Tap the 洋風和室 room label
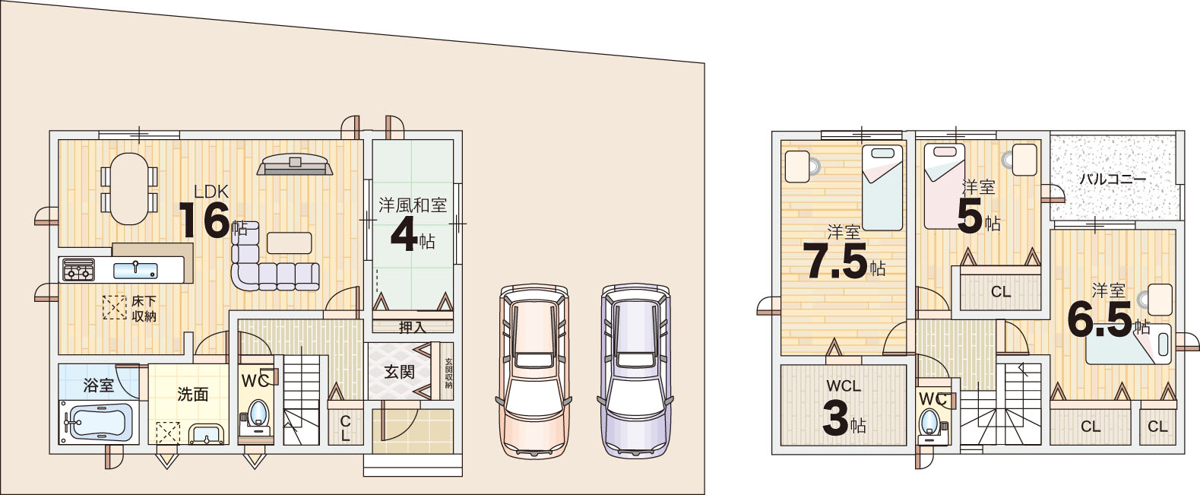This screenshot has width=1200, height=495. [x=413, y=205]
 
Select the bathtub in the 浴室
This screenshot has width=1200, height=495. [x=98, y=422]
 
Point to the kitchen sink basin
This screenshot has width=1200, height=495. [x=135, y=271]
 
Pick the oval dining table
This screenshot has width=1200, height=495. [x=129, y=189]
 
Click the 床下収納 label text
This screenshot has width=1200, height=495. [x=144, y=308]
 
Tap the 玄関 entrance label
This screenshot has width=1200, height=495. [x=400, y=371]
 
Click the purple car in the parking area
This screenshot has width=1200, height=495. [x=635, y=371]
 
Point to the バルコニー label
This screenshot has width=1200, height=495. [x=1113, y=179]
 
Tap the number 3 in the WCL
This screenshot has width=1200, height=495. [x=834, y=418]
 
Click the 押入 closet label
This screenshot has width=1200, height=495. [x=413, y=327]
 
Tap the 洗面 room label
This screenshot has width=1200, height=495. [x=193, y=395]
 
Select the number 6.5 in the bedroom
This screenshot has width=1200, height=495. [x=1100, y=319]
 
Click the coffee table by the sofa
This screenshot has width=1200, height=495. [x=290, y=243]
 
